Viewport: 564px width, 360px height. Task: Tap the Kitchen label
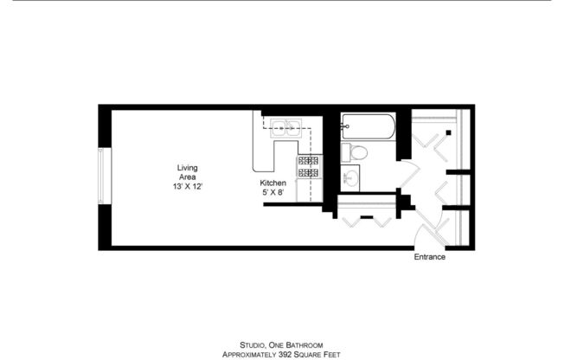point(273,183)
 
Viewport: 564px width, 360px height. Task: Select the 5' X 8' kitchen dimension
point(273,194)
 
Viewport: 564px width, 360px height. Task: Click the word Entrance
point(429,257)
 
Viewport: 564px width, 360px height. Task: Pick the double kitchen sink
point(285,130)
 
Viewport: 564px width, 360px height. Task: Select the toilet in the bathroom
point(356,153)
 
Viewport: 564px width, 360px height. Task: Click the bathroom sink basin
point(351,179)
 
